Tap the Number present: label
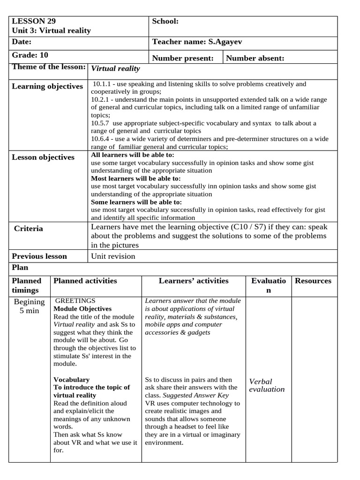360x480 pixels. (183, 58)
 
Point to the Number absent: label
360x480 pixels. (255, 58)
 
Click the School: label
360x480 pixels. (165, 21)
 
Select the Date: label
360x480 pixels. (21, 42)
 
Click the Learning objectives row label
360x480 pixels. (47, 86)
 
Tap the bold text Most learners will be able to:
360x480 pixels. (135, 179)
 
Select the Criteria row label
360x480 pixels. (28, 229)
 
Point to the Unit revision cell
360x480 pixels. (113, 256)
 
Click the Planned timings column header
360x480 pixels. (27, 285)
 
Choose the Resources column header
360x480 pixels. (313, 281)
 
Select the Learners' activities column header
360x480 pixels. (194, 281)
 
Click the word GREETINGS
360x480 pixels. (75, 300)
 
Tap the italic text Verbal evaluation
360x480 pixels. (267, 385)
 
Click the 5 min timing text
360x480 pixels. (29, 311)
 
